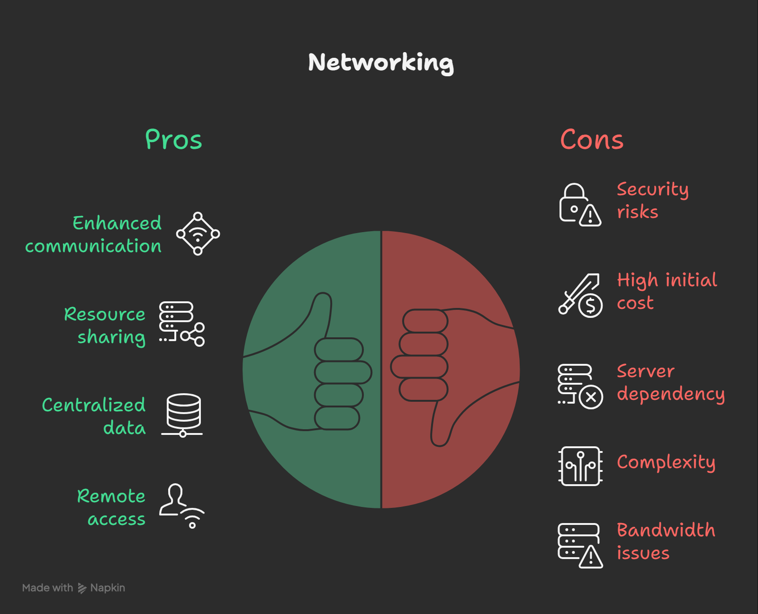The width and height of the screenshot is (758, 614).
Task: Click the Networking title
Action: [x=381, y=63]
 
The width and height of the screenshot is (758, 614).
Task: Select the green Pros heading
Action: [x=173, y=140]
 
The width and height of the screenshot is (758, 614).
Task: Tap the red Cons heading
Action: [x=592, y=140]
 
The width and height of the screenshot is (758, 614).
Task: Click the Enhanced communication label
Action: [x=93, y=235]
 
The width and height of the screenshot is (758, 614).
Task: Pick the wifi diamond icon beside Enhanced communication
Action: [x=198, y=234]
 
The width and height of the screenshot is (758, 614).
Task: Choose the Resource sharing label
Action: [x=105, y=325]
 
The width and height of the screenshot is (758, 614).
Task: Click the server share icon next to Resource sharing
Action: [x=181, y=324]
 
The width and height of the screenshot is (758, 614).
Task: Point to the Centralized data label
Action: [x=94, y=416]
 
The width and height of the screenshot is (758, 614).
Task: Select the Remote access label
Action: [x=111, y=507]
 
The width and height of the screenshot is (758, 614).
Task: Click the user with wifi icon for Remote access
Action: [x=181, y=506]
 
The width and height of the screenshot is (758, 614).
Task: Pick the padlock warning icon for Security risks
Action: [x=580, y=205]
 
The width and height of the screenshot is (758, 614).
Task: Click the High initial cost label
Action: [x=667, y=291]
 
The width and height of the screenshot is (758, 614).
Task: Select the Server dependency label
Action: [x=670, y=382]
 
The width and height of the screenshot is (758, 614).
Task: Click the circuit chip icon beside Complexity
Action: [x=580, y=466]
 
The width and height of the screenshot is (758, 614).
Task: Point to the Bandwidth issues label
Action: [x=666, y=542]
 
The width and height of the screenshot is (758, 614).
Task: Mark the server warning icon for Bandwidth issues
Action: [x=580, y=545]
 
